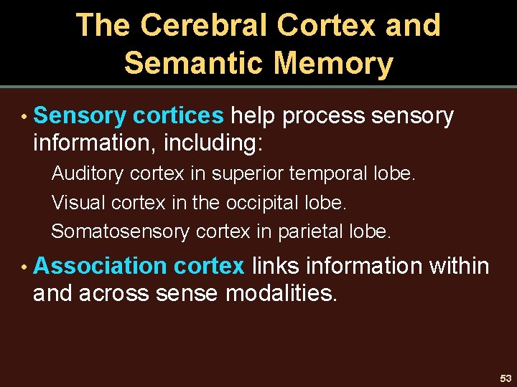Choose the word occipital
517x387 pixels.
(x=261, y=204)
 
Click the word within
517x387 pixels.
(x=459, y=266)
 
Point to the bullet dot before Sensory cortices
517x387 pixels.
(x=24, y=117)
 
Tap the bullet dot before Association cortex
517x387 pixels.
(x=24, y=267)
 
